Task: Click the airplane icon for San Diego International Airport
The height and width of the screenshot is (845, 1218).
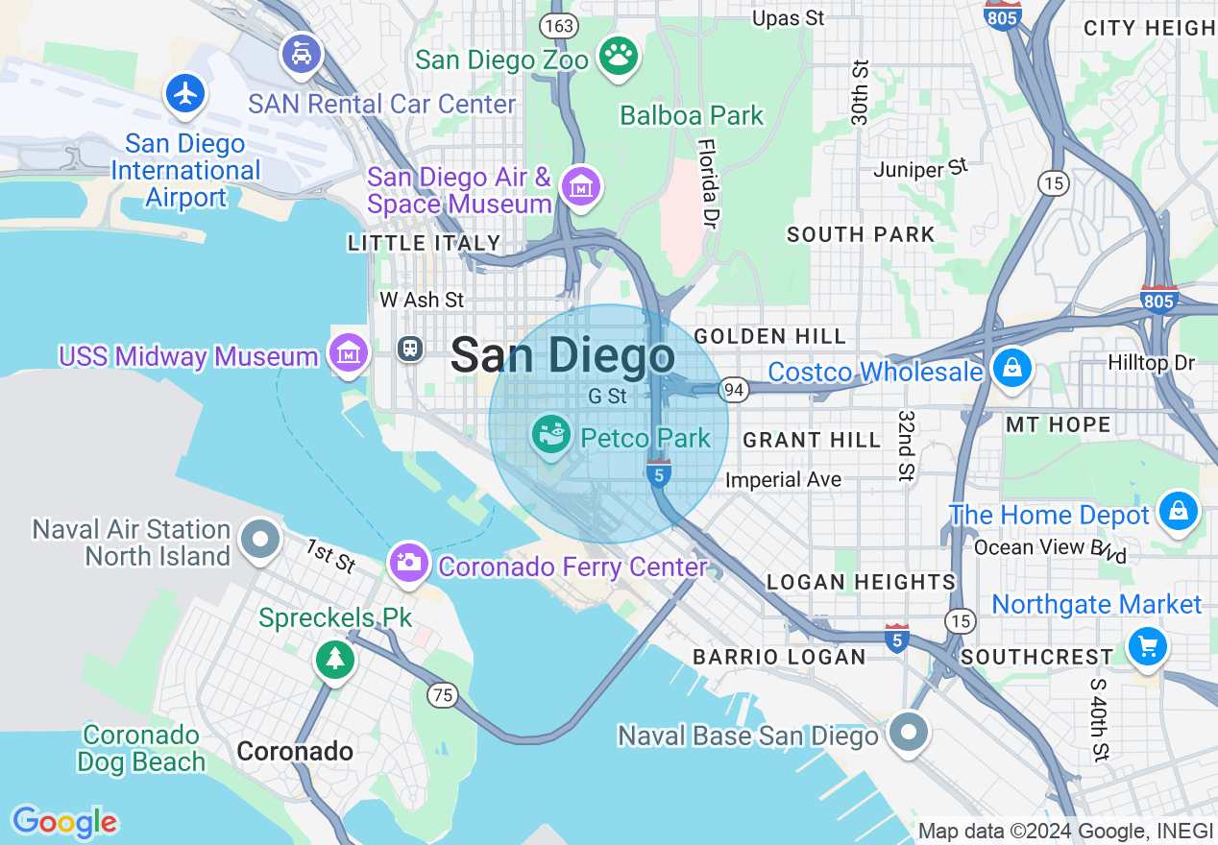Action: (185, 93)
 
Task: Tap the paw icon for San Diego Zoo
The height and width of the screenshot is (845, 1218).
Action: (619, 57)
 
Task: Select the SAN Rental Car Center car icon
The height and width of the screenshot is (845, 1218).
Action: (302, 53)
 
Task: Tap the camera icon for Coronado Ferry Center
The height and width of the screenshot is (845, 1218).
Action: (410, 562)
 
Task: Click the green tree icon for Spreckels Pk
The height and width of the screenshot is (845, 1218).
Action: (334, 659)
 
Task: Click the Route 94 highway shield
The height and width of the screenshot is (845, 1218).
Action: (734, 389)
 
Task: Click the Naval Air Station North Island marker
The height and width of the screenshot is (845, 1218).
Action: (260, 540)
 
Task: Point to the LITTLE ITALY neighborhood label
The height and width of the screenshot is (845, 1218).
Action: (425, 244)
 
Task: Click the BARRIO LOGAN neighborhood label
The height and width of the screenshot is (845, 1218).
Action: (779, 657)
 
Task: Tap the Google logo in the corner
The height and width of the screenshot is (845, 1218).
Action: (64, 822)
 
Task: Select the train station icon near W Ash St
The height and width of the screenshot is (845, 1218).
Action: (410, 348)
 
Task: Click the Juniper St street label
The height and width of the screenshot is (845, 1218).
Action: (919, 170)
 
